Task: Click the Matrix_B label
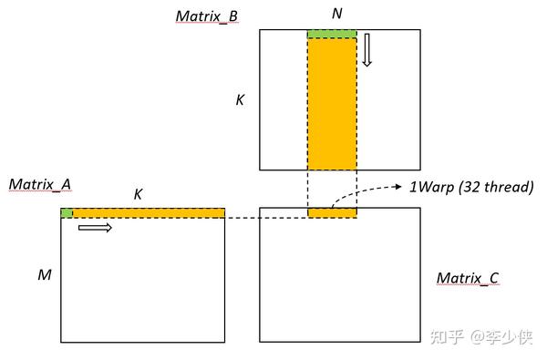click(207, 15)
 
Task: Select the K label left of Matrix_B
click(240, 99)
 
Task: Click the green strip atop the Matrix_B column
click(332, 35)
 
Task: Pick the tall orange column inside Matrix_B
click(332, 105)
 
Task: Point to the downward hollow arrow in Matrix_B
click(367, 50)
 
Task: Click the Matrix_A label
click(40, 185)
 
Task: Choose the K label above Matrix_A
click(138, 194)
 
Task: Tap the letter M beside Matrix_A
click(44, 273)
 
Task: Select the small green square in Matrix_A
click(67, 213)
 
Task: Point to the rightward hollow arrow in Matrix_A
click(95, 227)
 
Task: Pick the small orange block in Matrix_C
click(332, 213)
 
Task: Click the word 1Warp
click(431, 187)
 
